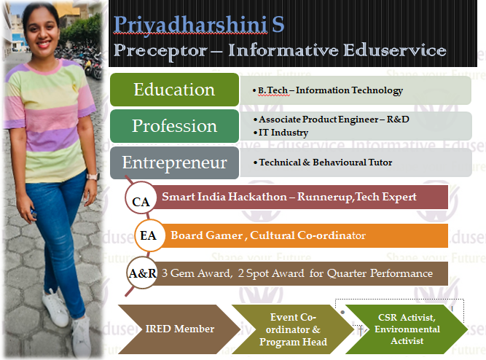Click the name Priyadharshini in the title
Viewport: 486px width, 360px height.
(x=190, y=25)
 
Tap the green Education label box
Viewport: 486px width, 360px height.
(x=174, y=90)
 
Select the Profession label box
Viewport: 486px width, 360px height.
(x=174, y=126)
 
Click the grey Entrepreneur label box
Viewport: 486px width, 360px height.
(x=174, y=163)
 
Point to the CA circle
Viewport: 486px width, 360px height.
(x=141, y=197)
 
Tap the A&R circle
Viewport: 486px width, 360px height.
(x=142, y=273)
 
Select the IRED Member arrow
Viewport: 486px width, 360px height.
(x=179, y=329)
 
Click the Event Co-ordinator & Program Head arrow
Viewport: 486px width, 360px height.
(x=293, y=329)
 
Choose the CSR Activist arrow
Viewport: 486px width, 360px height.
(x=407, y=329)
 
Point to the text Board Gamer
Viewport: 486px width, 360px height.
(x=206, y=235)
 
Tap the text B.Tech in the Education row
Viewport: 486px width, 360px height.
(x=273, y=90)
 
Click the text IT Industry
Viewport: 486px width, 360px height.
(x=283, y=133)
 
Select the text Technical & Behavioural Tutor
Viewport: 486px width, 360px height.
(x=326, y=163)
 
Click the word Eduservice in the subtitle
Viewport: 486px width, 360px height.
(x=395, y=50)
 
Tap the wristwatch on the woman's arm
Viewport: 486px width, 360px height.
(x=93, y=176)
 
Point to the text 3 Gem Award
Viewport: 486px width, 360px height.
(x=196, y=273)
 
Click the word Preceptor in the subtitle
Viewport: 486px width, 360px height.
(x=160, y=51)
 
